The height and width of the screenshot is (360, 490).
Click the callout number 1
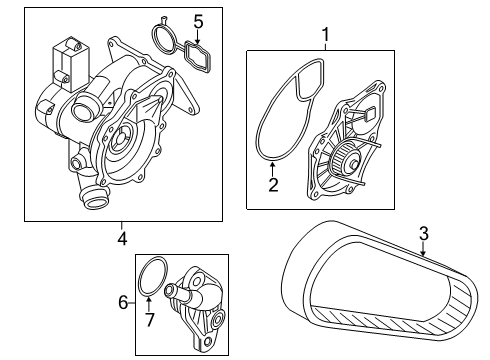point(325,35)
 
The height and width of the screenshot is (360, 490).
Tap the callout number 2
point(273,185)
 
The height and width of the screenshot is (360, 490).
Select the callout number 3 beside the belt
point(424,233)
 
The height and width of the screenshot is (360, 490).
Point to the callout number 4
point(122,239)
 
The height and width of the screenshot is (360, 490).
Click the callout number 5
point(198,22)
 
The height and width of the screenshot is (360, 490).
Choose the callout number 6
point(123,303)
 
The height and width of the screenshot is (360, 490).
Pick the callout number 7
point(150,320)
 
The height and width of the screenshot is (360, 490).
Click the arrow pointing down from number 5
point(198,37)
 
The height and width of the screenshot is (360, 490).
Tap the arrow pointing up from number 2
point(273,169)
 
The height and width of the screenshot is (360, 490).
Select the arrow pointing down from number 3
point(423,249)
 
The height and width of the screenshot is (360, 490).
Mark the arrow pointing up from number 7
point(149,304)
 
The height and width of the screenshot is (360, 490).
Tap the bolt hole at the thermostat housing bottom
point(208,341)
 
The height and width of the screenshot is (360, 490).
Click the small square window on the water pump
point(370,115)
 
